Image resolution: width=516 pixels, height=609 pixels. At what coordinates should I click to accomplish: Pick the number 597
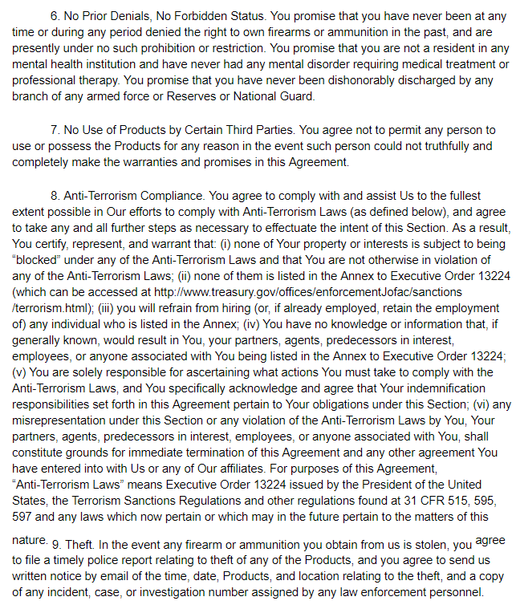click(24, 516)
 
